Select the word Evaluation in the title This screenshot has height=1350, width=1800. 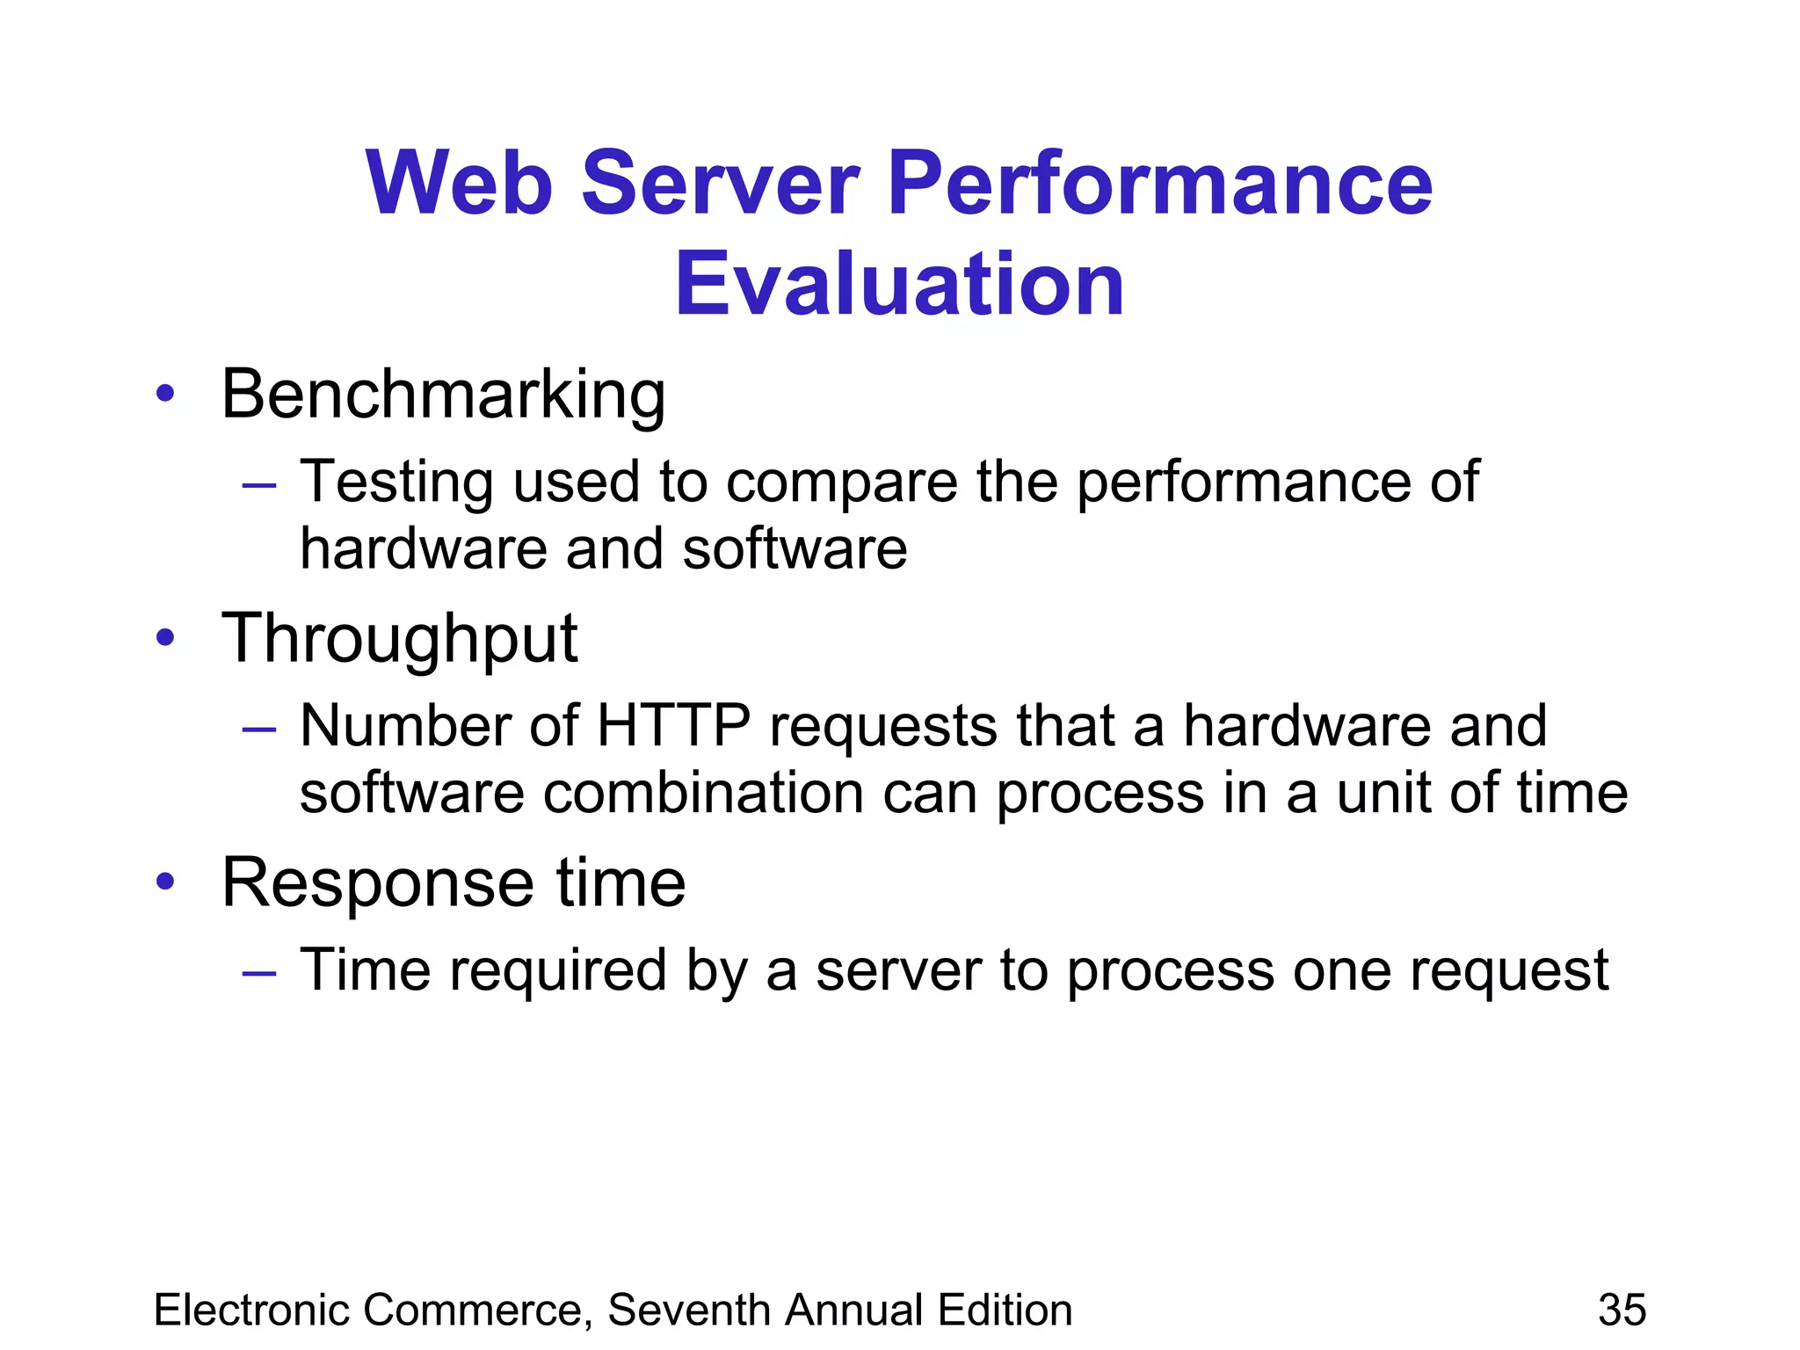point(899,285)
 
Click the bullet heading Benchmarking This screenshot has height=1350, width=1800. point(443,396)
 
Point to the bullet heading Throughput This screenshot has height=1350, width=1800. point(400,640)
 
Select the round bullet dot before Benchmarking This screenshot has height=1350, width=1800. point(165,395)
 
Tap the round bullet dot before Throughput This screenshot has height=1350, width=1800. point(165,639)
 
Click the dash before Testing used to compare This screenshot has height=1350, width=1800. point(259,484)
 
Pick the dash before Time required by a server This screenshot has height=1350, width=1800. point(259,973)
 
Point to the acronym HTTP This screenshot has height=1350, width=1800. point(673,726)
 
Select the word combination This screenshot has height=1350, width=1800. point(703,793)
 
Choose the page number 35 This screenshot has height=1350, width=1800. point(1622,1310)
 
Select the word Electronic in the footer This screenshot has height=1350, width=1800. point(256,1310)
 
